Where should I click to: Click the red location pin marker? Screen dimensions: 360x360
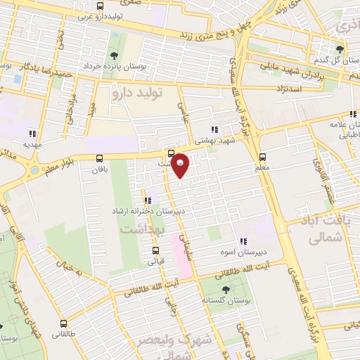pos(180,165)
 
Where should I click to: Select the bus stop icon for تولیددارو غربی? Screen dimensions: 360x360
pos(100,6)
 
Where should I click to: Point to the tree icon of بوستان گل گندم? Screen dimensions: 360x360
pos(340,49)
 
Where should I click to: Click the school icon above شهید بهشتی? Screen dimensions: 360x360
pos(214,129)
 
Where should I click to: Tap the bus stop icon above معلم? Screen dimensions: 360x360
pos(263,157)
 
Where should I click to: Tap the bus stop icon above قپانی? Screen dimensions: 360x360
pos(155,250)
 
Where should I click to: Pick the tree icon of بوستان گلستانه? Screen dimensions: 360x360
pos(225,290)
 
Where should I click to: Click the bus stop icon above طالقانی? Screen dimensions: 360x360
pos(64,324)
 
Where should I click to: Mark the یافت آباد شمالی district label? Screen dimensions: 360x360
pos(328,231)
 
